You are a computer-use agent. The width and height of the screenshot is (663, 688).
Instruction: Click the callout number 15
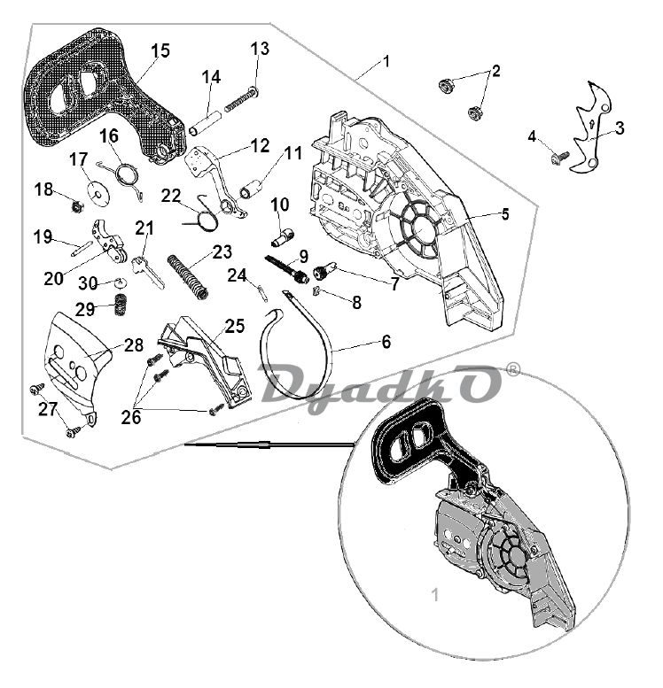[160, 50]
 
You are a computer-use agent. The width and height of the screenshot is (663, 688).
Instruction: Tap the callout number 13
[260, 48]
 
